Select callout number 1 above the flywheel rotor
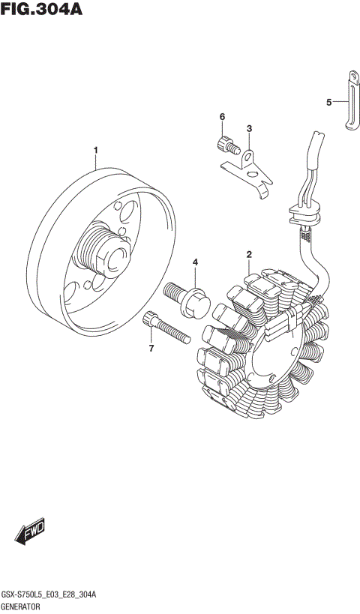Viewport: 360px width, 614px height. (x=96, y=151)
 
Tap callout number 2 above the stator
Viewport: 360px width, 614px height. (x=249, y=257)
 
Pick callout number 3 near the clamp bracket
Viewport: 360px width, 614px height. (x=249, y=128)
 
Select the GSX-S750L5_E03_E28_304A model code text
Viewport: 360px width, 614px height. (x=53, y=594)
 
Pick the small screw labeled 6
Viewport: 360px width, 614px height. (x=224, y=143)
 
